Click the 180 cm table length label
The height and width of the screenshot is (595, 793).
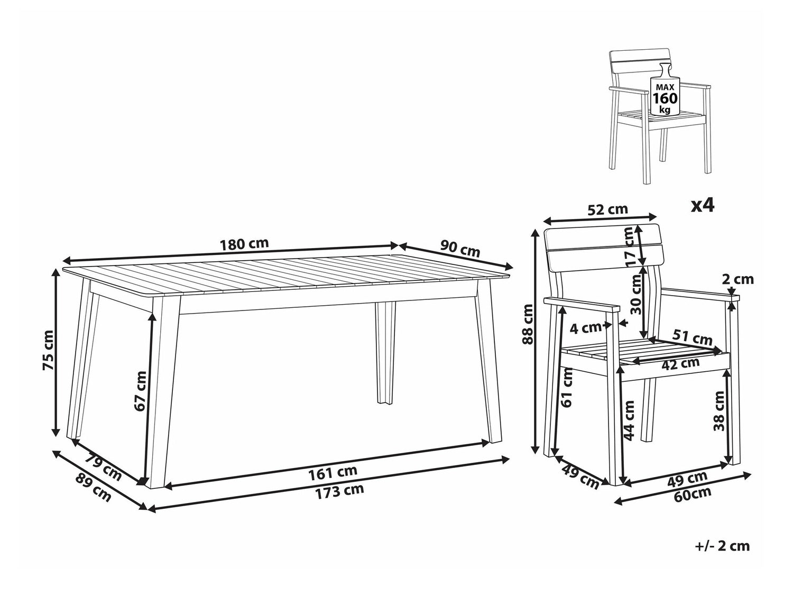coord(245,244)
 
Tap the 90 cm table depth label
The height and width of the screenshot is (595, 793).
coord(460,248)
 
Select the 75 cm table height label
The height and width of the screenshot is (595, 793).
coord(49,350)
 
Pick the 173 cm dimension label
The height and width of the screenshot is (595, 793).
coord(339,491)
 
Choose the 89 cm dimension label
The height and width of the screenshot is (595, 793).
coord(93,487)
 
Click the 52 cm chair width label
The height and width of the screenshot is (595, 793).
coord(607,209)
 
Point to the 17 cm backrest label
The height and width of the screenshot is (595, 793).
coord(630,247)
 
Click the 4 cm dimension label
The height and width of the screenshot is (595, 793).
coord(585,328)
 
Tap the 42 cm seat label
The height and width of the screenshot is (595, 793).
coord(680,363)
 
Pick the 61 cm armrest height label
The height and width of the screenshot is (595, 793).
coord(568,387)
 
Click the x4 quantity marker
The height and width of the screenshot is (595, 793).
coord(703,206)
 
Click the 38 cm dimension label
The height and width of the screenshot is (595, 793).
coord(719,411)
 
